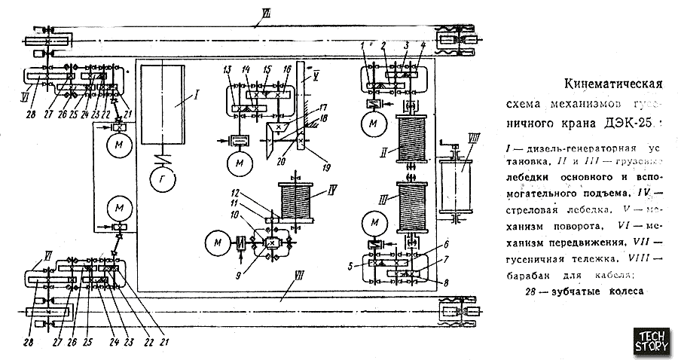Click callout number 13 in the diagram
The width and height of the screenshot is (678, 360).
pyautogui.click(x=227, y=70)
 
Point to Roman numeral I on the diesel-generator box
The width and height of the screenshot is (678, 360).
pyautogui.click(x=176, y=96)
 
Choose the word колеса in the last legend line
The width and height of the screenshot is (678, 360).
pyautogui.click(x=620, y=292)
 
